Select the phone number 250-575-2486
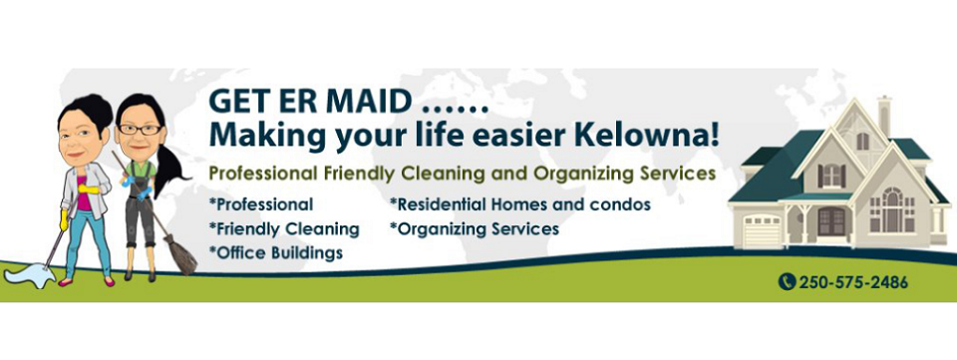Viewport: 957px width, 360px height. click(852, 282)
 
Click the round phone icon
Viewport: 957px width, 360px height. click(786, 282)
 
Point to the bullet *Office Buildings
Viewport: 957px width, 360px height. click(276, 252)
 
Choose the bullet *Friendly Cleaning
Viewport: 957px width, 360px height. click(284, 228)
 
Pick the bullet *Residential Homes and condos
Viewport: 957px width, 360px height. click(519, 204)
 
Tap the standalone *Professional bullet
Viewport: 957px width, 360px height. click(261, 204)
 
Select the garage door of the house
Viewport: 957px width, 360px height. click(763, 228)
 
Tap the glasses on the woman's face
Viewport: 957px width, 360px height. click(138, 130)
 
